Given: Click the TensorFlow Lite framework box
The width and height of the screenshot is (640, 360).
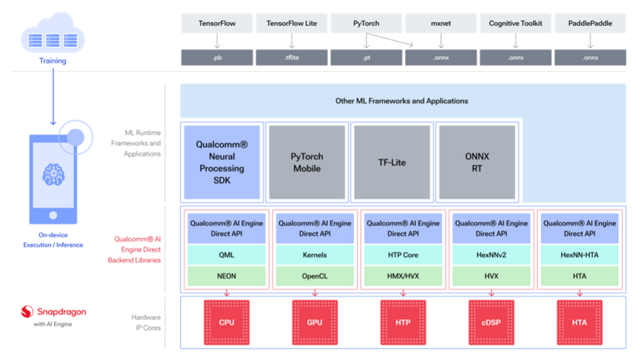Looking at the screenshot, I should (292, 24).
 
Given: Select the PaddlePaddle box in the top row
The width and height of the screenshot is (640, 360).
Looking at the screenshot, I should (590, 24).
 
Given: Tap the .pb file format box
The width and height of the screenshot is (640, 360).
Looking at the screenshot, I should (217, 57).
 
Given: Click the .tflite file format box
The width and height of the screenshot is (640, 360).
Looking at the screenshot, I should (292, 57).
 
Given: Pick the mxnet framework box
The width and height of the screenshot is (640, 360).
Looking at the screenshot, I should (441, 24).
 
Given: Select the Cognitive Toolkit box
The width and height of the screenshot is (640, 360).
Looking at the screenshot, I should (516, 24).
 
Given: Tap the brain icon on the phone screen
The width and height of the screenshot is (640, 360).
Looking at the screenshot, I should (53, 174).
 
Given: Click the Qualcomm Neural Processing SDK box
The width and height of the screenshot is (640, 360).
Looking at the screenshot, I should (222, 161).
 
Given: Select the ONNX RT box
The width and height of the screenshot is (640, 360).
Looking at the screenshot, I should (476, 161).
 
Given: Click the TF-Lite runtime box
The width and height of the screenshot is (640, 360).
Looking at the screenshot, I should (392, 161).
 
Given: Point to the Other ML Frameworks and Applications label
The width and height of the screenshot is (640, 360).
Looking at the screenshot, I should (402, 101).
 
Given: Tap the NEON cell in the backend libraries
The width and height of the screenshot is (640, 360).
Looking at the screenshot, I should (226, 276).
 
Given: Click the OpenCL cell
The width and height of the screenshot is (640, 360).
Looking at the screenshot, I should (314, 276).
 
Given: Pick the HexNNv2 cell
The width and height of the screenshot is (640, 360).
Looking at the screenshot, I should (491, 255).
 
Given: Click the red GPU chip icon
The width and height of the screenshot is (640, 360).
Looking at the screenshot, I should (314, 322).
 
